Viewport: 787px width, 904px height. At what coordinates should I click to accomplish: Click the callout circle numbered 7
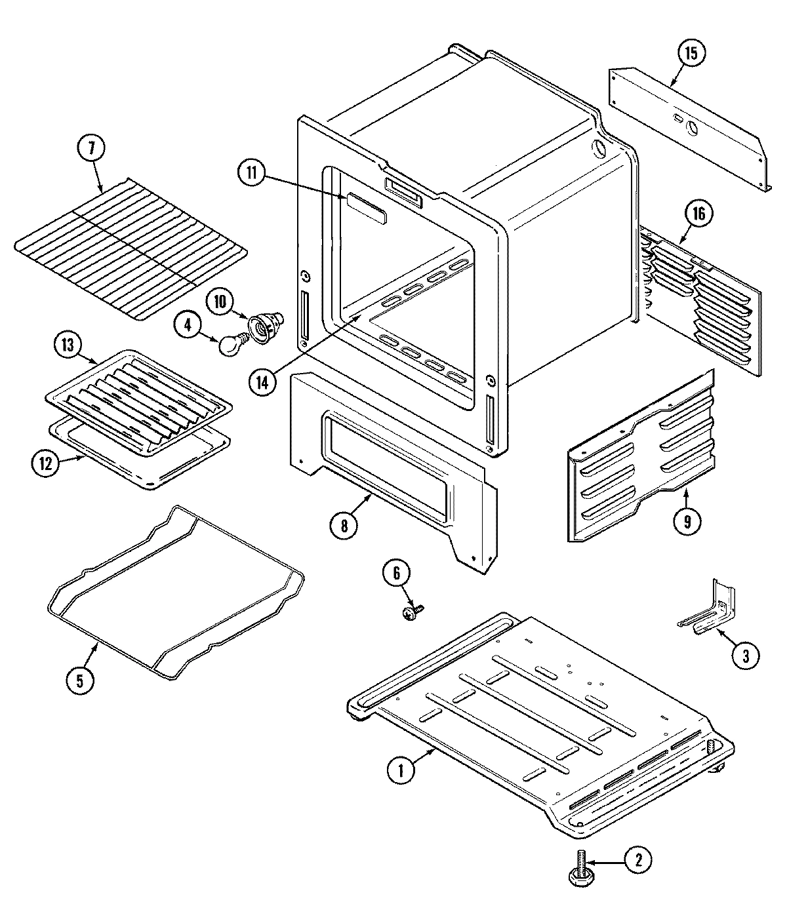click(91, 149)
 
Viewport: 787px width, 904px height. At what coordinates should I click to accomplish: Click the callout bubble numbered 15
click(691, 53)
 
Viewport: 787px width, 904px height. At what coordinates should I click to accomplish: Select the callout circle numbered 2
click(638, 860)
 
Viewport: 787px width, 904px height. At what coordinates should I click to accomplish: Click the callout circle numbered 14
click(262, 382)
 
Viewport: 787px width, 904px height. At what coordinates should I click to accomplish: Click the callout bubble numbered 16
click(700, 213)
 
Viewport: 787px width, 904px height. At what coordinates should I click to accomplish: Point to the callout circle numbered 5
click(79, 679)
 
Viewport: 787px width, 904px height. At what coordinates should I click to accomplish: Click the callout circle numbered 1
click(401, 771)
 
